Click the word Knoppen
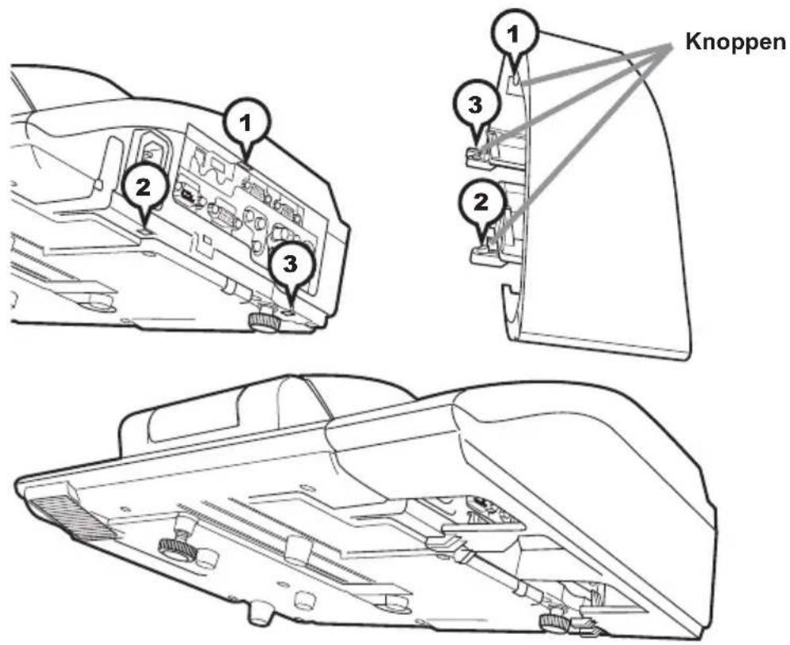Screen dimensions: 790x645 click(735, 42)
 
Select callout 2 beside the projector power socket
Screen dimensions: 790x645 click(143, 189)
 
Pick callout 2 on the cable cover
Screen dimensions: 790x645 click(482, 203)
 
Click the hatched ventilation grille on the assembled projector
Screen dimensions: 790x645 click(71, 520)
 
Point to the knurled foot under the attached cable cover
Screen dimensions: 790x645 click(555, 621)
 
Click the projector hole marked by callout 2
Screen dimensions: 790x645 click(143, 230)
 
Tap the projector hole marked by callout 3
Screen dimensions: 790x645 click(288, 312)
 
